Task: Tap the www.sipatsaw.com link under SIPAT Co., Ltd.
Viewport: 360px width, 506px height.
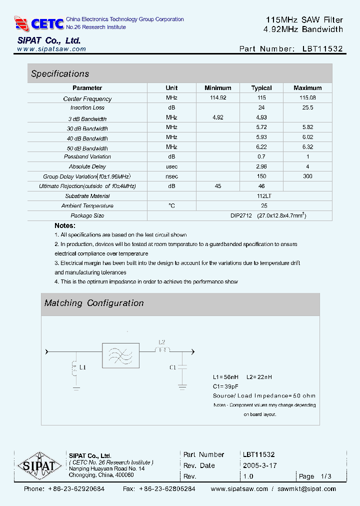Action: (x=51, y=49)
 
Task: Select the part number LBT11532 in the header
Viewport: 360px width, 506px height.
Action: (x=322, y=49)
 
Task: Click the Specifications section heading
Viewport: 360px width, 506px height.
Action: (x=60, y=74)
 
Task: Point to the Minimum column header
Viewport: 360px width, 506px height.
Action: (x=217, y=88)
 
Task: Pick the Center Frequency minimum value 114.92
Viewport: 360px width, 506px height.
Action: (x=217, y=98)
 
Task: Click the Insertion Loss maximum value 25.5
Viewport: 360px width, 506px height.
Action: (x=307, y=107)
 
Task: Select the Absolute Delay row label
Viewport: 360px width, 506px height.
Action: (x=87, y=166)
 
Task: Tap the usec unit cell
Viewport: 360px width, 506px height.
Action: (x=171, y=166)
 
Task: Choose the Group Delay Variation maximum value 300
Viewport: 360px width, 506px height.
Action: (x=307, y=176)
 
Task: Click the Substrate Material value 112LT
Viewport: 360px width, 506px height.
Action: (x=264, y=196)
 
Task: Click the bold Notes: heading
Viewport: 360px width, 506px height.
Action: (x=64, y=226)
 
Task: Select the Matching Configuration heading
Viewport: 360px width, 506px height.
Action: (x=94, y=303)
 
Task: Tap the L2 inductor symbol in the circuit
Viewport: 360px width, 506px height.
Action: (x=161, y=350)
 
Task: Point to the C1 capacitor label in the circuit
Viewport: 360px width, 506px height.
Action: (x=172, y=367)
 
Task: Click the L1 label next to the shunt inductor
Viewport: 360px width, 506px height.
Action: (x=83, y=367)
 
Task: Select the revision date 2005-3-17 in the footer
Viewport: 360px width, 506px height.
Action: (x=259, y=465)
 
